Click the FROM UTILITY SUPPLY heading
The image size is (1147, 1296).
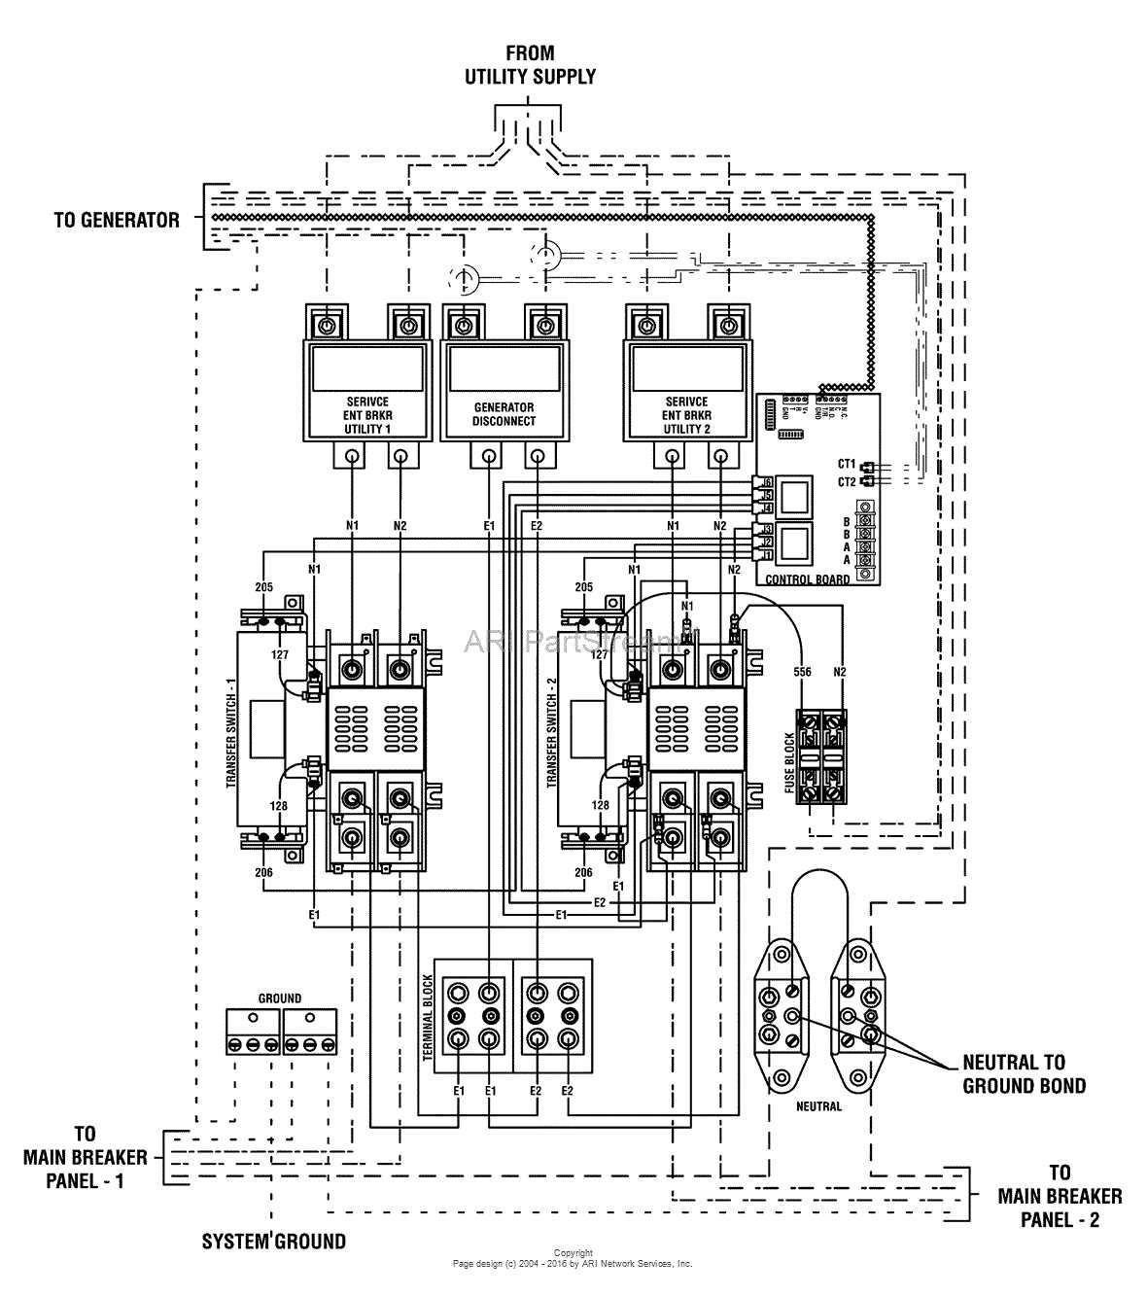coord(530,64)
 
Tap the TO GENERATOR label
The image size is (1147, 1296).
coord(117,220)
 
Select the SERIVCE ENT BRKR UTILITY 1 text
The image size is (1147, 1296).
coord(366,415)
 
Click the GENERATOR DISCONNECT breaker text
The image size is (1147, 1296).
coord(504,414)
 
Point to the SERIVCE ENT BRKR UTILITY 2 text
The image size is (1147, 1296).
coord(686,415)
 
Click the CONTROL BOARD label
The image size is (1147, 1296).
coord(807,579)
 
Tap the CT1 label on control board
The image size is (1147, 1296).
coord(846,465)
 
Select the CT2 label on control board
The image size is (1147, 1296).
coord(846,481)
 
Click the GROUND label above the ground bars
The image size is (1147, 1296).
coord(280,998)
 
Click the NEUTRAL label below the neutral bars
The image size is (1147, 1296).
coord(818,1106)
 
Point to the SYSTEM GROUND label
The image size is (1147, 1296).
coord(273,1241)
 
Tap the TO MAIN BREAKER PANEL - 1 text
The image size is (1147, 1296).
coord(86,1157)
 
